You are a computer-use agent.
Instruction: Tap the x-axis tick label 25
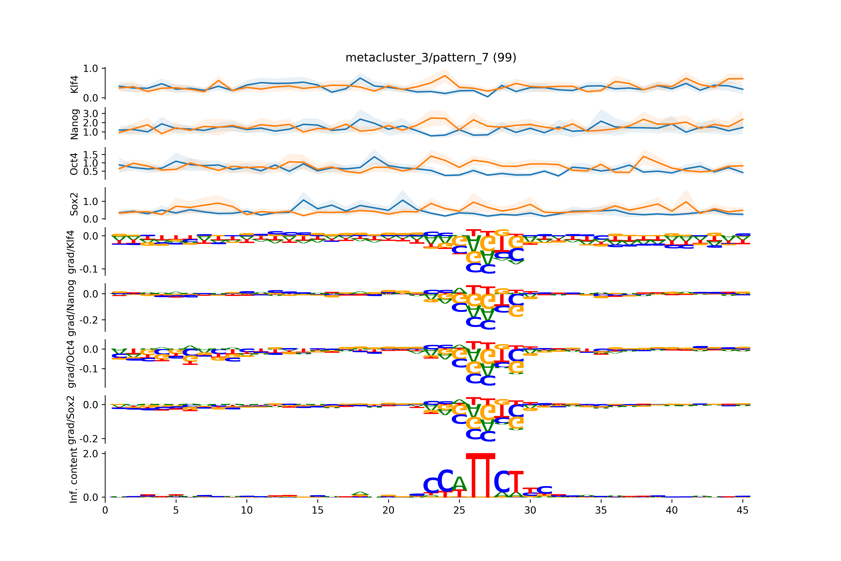(x=459, y=510)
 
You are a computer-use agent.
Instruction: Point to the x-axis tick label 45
(x=742, y=510)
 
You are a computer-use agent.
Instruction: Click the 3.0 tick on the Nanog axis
(x=90, y=113)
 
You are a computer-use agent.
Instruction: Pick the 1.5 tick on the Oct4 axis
(x=90, y=155)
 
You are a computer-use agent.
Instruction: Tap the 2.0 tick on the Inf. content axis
(x=90, y=454)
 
